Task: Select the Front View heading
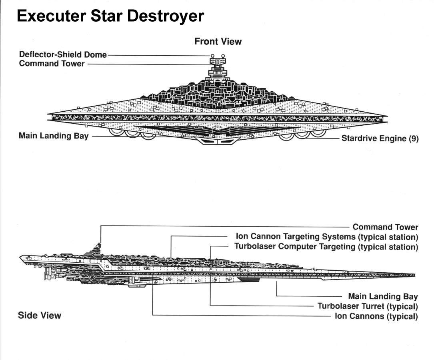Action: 218,41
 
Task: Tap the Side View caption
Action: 40,316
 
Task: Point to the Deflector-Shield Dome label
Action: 63,55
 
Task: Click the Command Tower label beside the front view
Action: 52,64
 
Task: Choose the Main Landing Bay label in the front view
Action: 54,136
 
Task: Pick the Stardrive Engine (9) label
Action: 380,139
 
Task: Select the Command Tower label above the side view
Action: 385,227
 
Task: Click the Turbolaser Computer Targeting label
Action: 326,246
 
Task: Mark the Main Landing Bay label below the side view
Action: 383,296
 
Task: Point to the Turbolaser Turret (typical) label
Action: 367,306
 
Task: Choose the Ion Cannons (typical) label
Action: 376,316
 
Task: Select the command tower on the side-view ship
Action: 98,247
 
